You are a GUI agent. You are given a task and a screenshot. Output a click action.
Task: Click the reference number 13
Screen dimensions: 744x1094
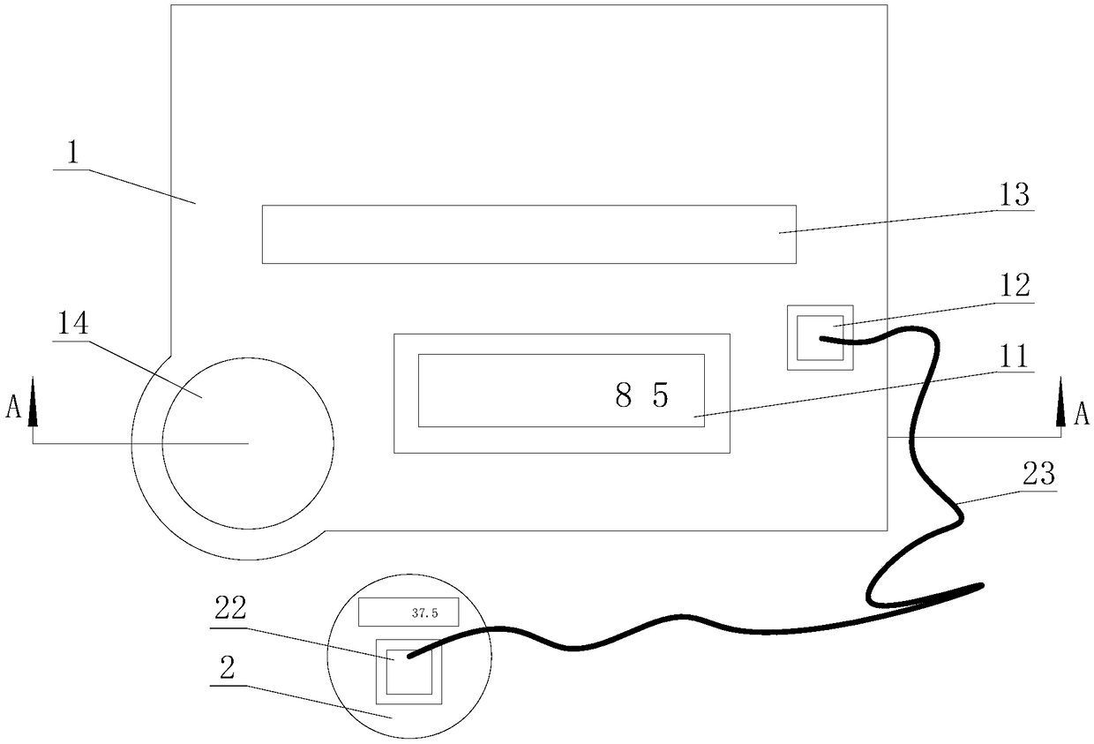tap(1015, 195)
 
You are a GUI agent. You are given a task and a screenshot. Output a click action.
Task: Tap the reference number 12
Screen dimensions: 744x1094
tap(1014, 286)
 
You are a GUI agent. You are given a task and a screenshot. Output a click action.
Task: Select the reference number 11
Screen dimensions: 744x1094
tap(1014, 357)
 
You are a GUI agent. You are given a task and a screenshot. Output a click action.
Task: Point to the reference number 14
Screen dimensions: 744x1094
tap(74, 325)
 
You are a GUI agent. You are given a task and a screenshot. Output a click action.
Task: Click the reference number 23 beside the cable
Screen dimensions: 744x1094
tap(1038, 475)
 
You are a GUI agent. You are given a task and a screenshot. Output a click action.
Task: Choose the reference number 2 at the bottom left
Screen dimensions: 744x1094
tap(226, 668)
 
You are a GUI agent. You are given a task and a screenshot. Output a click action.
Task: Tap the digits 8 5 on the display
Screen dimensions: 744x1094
tap(642, 396)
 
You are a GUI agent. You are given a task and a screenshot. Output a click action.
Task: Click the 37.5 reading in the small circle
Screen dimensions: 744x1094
tap(424, 611)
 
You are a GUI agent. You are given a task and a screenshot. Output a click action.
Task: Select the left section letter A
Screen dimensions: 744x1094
tap(12, 408)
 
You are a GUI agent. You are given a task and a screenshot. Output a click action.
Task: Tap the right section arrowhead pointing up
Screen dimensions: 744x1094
tap(1061, 404)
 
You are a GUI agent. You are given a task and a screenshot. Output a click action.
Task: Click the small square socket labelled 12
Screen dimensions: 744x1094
tap(820, 338)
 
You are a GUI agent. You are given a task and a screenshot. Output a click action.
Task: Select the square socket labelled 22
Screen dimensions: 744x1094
tap(408, 672)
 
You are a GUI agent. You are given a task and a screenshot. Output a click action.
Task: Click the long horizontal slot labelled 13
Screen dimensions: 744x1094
tap(528, 235)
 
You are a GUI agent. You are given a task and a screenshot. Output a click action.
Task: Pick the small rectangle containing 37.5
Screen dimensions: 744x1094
tap(408, 611)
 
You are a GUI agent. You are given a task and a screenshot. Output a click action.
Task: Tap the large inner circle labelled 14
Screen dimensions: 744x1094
tap(247, 443)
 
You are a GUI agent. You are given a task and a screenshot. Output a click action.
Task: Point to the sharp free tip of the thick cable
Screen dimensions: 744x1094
tap(981, 584)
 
